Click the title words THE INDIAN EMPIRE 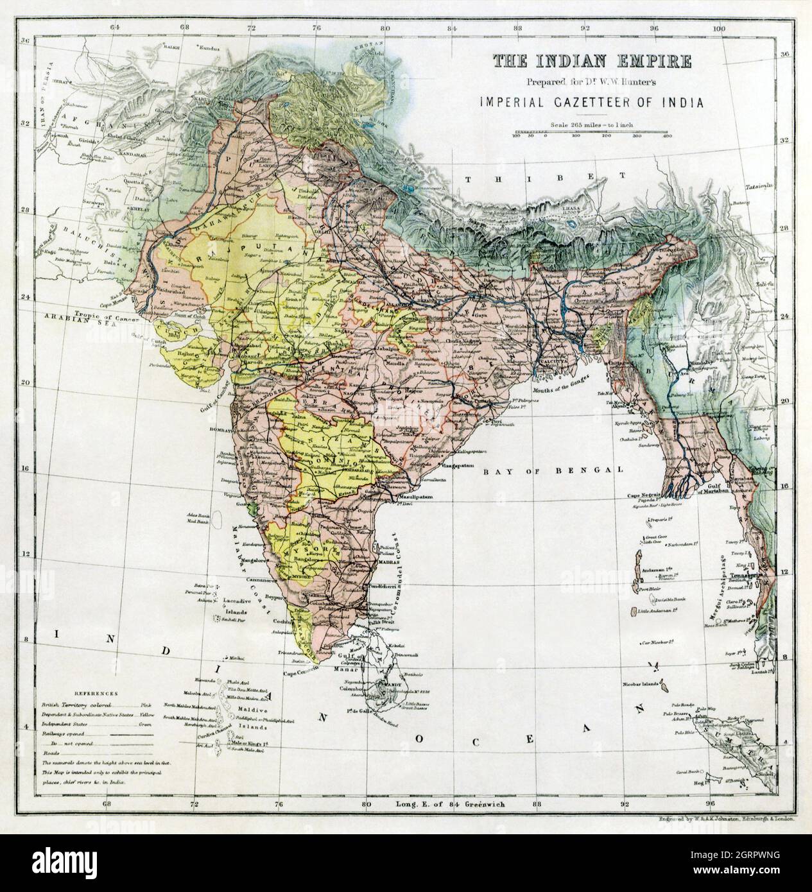592,62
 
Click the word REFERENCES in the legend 96,694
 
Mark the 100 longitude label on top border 721,28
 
